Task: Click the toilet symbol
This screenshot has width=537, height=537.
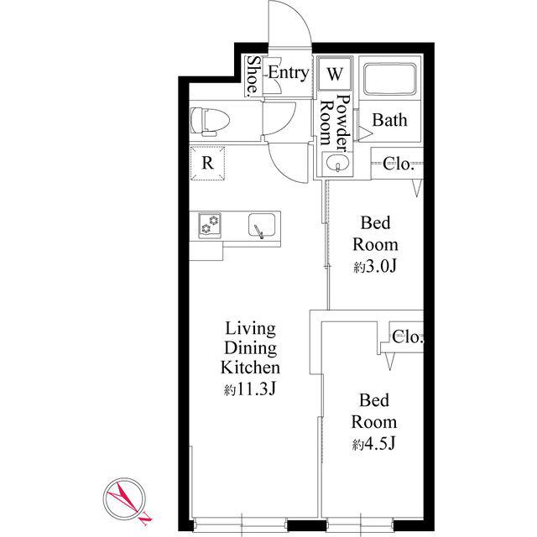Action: tap(210, 121)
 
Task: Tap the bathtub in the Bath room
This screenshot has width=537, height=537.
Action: tap(389, 79)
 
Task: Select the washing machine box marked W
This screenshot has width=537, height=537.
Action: tap(335, 74)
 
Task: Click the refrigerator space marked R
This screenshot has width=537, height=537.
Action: tap(207, 163)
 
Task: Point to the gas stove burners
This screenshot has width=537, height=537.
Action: tap(210, 225)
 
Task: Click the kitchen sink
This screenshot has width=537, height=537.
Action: tap(262, 225)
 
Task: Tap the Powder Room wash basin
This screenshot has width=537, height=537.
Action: tap(337, 164)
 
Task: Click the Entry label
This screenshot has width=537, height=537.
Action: tap(289, 73)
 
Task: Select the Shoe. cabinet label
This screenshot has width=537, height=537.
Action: tap(253, 76)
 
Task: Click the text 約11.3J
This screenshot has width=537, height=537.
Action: tap(250, 389)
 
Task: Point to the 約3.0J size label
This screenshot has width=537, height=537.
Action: tap(375, 267)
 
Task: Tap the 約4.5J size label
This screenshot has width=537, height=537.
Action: tap(374, 444)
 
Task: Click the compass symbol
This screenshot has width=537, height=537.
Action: tap(125, 499)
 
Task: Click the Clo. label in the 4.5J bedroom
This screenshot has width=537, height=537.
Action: tap(408, 337)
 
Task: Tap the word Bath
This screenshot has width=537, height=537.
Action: tap(389, 120)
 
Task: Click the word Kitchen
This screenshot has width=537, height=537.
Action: tap(250, 368)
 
